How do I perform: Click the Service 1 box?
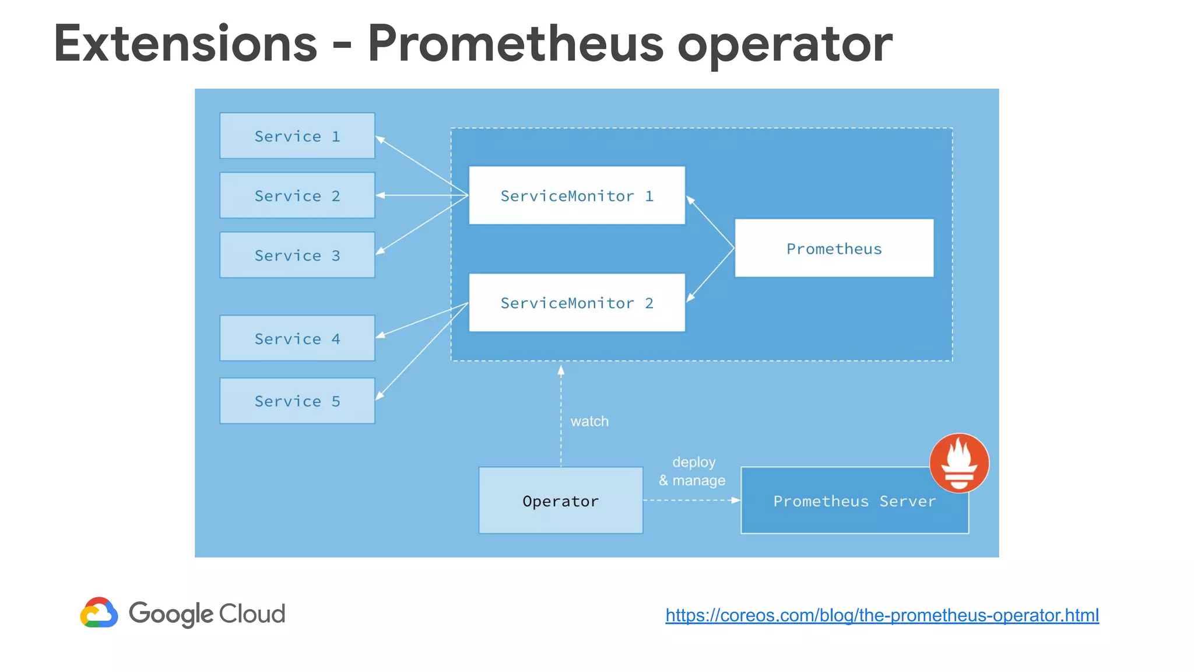[297, 136]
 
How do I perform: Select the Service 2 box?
[297, 195]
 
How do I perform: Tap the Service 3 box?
[297, 255]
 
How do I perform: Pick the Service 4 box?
[297, 338]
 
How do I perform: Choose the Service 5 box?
[297, 401]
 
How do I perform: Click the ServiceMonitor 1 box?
[577, 195]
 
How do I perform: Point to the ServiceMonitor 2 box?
[577, 303]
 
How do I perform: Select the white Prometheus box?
[834, 248]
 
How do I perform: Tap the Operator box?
[560, 501]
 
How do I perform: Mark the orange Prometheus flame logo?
[959, 463]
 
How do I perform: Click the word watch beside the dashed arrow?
[589, 421]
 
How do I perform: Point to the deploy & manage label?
[693, 471]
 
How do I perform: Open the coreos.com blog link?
[882, 615]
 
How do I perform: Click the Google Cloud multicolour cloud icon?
[99, 612]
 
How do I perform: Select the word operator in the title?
[784, 45]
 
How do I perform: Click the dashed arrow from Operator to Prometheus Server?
[691, 501]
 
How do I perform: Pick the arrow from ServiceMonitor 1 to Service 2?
[422, 195]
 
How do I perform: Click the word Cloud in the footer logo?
[252, 614]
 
